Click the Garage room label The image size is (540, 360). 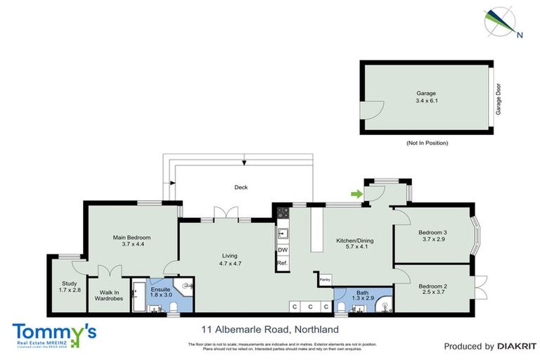tap(426, 93)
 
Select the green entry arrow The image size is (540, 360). tap(357, 194)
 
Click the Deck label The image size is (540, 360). tap(241, 187)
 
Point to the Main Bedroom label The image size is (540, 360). tap(132, 238)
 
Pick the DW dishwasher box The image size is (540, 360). tap(283, 250)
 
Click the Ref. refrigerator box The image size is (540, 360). tap(283, 263)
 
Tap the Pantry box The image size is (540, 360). tap(325, 280)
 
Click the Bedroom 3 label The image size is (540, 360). tap(433, 233)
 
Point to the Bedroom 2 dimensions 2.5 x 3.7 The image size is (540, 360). tap(433, 293)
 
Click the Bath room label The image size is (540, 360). tap(362, 292)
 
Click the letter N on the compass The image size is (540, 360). tap(520, 34)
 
